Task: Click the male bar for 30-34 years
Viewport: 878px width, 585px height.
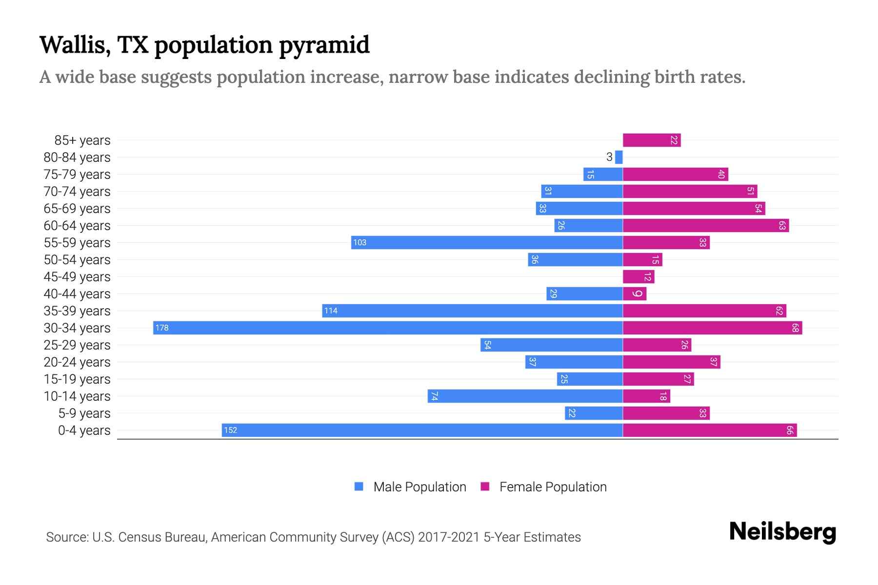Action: point(388,328)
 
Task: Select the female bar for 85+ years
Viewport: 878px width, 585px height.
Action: point(652,140)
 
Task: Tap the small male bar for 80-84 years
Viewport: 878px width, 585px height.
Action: point(619,157)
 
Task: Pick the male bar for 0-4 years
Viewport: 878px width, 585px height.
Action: point(422,430)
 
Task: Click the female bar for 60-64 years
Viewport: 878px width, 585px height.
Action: point(706,225)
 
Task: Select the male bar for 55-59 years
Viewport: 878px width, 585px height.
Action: point(487,242)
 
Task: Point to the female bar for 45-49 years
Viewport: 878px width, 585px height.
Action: point(639,276)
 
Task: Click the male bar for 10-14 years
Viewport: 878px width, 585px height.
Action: point(525,396)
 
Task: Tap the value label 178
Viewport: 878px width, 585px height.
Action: point(162,328)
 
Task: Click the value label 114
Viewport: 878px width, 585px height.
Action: point(331,311)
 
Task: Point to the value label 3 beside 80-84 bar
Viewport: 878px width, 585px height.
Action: point(609,157)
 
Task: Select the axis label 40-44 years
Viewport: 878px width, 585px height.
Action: point(77,293)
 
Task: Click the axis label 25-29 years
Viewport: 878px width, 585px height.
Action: point(77,345)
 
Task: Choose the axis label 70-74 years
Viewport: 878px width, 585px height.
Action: point(77,191)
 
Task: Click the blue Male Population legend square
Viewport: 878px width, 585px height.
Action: point(359,487)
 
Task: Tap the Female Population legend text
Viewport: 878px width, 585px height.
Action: point(553,487)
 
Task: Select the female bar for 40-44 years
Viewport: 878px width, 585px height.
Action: point(635,293)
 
